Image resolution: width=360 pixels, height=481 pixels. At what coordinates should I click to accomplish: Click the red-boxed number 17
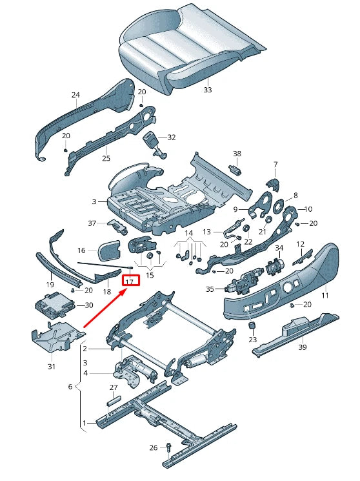pos(130,281)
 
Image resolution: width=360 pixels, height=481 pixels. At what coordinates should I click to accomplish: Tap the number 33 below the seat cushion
pos(207,90)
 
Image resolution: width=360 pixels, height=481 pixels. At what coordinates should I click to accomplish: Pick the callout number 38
pos(237,154)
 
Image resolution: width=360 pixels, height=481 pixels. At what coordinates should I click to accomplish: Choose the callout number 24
pos(75,96)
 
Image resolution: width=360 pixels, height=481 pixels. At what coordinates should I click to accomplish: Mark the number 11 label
pos(325,295)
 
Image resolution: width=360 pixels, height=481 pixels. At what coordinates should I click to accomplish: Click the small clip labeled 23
pos(254,323)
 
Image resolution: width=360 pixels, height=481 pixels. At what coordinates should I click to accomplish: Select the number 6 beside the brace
pos(70,386)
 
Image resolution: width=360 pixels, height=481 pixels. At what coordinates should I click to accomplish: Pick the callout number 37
pos(92,223)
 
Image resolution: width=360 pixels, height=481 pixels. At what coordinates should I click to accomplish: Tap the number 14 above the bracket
pos(189,232)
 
